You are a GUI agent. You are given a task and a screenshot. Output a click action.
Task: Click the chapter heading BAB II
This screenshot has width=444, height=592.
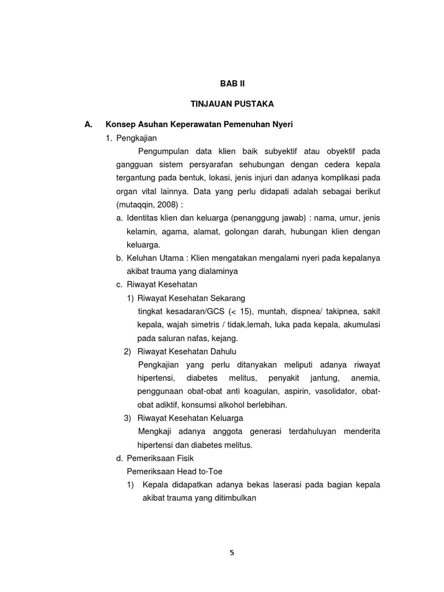tap(232, 83)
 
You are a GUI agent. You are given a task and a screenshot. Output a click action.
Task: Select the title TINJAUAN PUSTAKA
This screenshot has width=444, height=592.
tap(232, 103)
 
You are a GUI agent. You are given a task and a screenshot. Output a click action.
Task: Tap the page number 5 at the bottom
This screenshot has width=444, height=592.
tap(232, 553)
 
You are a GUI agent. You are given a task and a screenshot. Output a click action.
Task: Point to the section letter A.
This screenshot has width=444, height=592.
tap(88, 124)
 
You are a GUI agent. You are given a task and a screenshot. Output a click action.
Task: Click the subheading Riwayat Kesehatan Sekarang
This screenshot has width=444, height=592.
tap(191, 298)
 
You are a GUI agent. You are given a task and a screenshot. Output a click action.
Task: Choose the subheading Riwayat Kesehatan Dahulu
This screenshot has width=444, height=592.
tap(187, 351)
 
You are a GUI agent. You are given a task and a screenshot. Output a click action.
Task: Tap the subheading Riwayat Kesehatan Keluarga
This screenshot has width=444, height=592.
tap(190, 418)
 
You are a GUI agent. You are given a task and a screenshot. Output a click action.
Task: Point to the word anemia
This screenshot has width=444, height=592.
tap(365, 378)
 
